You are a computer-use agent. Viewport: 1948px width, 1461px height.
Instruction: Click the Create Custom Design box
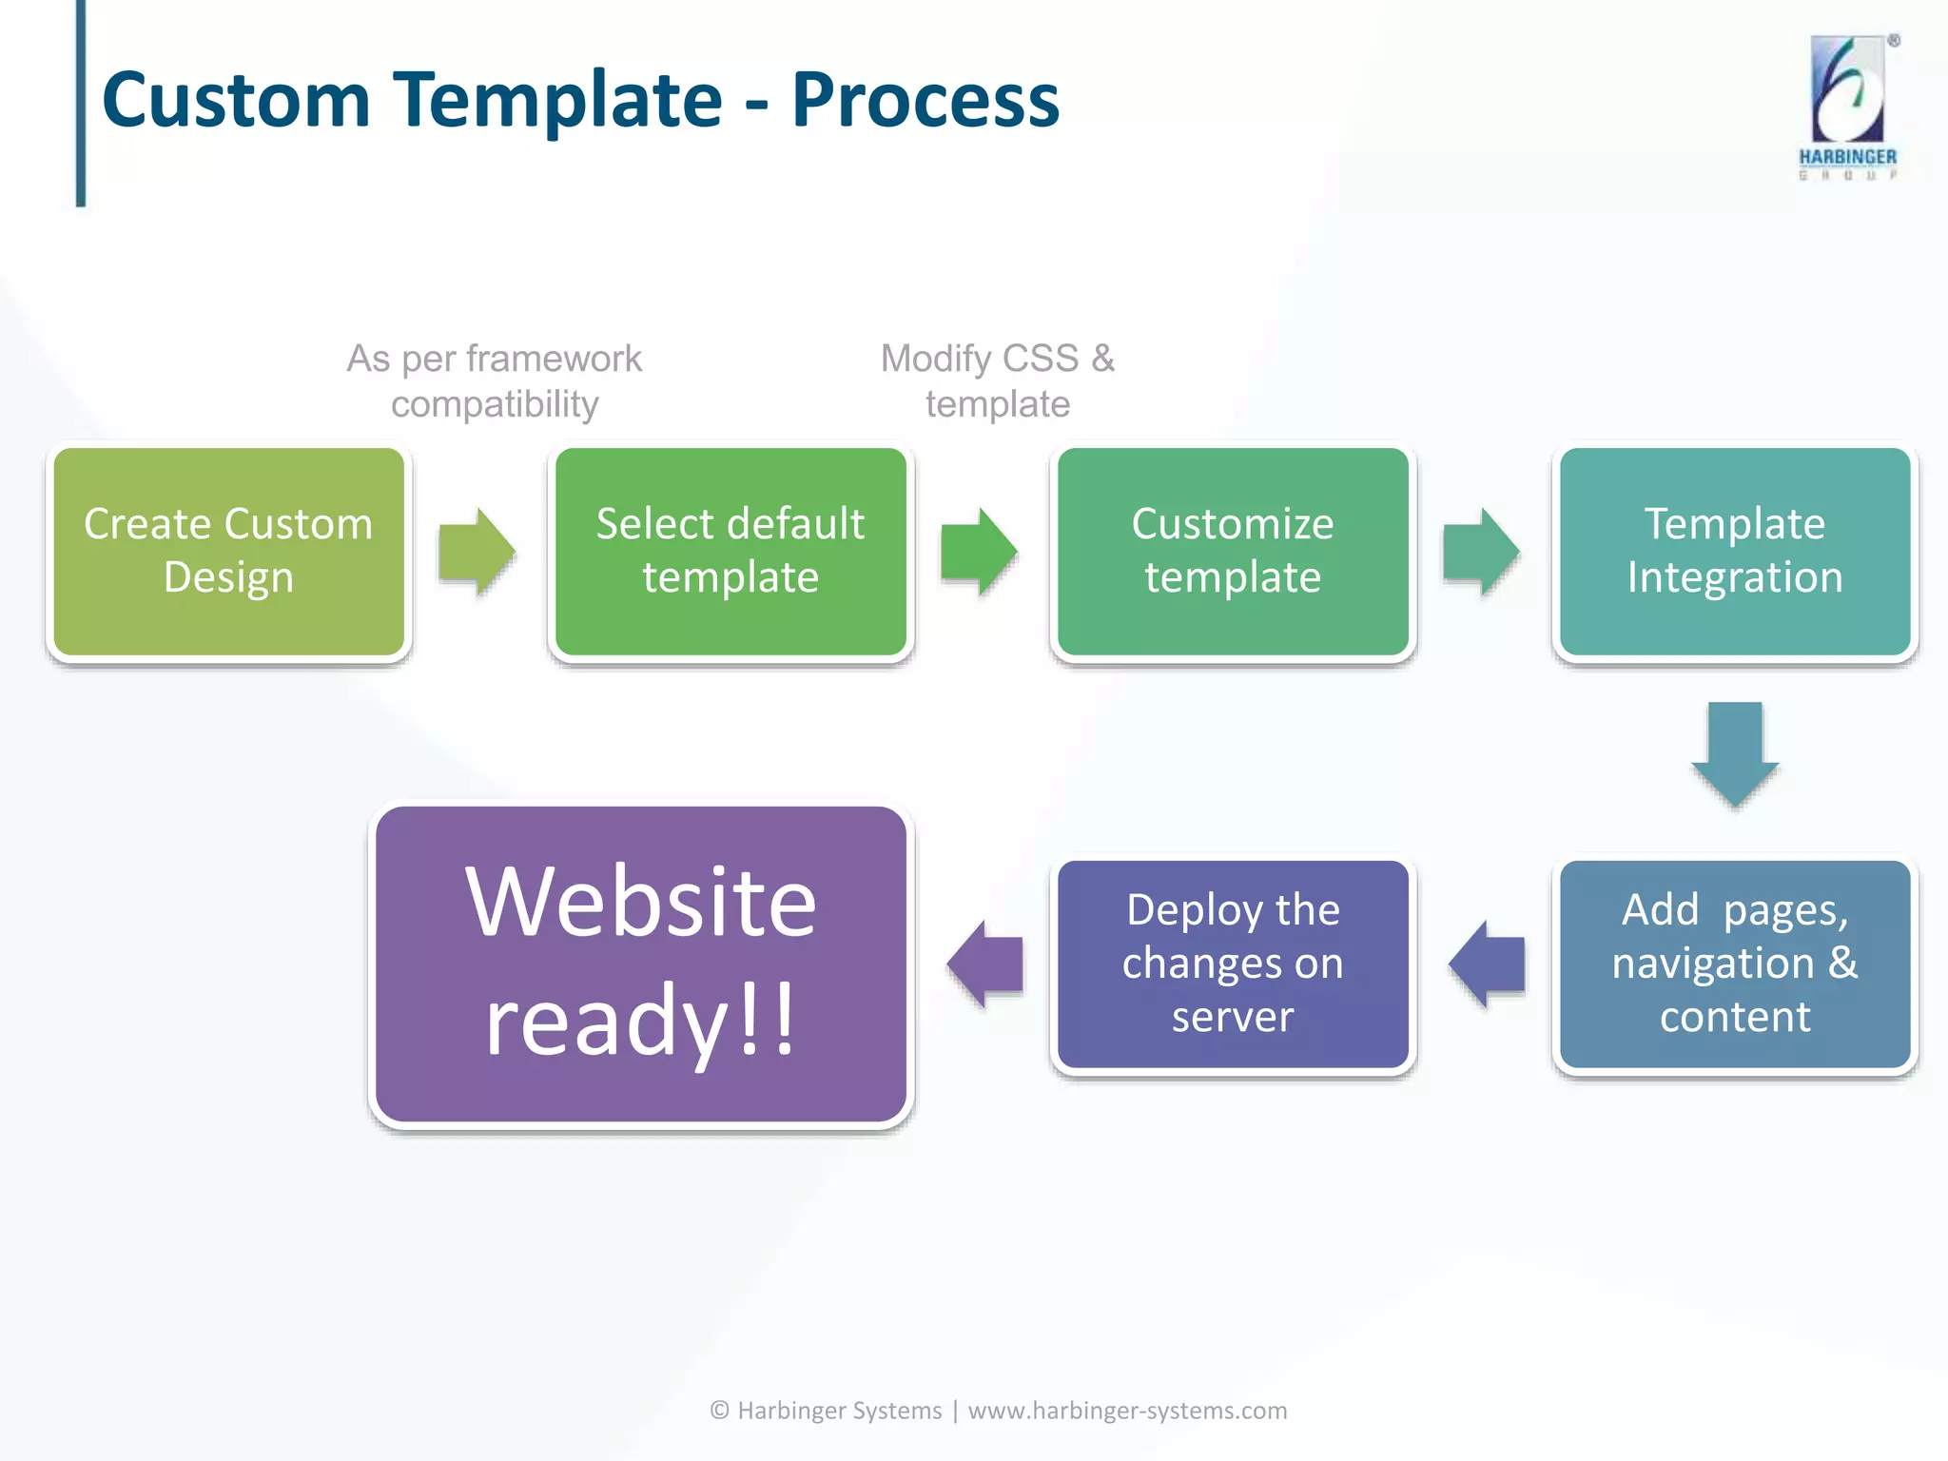coord(228,552)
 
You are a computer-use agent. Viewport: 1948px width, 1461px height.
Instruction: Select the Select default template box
coord(730,552)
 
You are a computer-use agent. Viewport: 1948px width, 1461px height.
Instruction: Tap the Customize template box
coord(1233,552)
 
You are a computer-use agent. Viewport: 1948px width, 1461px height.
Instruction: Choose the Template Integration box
coord(1735,552)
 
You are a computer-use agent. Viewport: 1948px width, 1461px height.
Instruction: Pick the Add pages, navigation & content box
coord(1735,964)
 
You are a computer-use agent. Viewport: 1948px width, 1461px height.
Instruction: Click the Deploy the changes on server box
coord(1233,964)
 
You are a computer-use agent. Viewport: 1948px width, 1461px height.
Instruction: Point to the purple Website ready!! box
coord(640,964)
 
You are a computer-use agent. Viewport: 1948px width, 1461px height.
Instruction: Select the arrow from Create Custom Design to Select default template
coord(477,552)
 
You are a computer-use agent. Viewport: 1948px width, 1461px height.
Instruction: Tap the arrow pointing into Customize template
coord(979,552)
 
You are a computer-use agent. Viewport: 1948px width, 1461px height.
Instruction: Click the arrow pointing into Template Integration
coord(1481,552)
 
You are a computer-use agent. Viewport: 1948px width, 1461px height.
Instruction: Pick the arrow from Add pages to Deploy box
coord(1487,964)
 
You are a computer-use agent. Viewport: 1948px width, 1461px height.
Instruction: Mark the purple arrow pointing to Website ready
coord(985,964)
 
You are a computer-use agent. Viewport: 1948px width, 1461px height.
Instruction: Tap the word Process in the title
coord(925,100)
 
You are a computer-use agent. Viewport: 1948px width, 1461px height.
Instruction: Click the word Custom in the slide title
coord(236,100)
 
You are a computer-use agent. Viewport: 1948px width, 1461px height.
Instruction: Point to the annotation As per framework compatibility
coord(495,381)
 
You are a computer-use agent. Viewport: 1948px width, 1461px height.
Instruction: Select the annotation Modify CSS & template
coord(998,381)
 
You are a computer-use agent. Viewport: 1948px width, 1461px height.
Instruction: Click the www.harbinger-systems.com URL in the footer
coord(1127,1411)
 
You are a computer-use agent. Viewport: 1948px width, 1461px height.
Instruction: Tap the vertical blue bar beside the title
coord(81,103)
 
